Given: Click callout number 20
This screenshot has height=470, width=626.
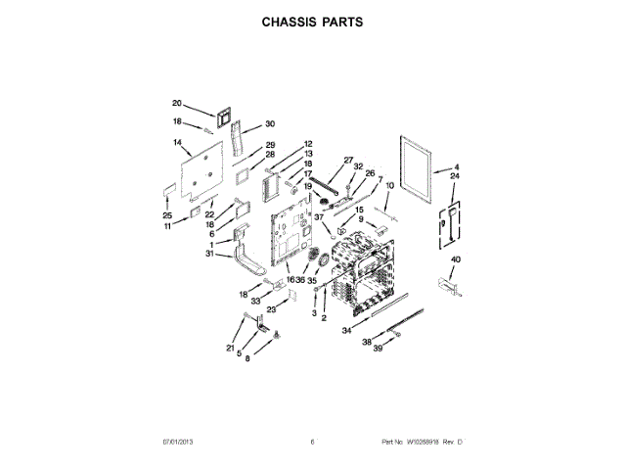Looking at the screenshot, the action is click(177, 103).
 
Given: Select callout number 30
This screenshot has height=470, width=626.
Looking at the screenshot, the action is click(270, 124).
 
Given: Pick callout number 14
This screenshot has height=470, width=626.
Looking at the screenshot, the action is click(178, 142).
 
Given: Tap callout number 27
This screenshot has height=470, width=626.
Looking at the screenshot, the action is click(347, 160).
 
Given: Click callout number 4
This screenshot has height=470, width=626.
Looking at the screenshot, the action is click(456, 168).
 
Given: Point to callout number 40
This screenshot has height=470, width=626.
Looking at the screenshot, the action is click(456, 258).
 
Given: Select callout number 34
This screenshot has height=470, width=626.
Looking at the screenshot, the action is click(346, 331).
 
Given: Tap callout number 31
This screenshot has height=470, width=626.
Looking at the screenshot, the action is click(210, 254).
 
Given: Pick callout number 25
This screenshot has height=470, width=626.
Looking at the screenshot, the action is click(167, 215).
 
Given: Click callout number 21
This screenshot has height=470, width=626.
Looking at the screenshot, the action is click(231, 348).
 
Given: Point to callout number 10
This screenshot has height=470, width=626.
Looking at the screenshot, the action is click(388, 186).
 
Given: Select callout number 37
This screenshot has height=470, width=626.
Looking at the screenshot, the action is click(318, 216).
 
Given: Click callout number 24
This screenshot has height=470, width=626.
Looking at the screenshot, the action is click(455, 177).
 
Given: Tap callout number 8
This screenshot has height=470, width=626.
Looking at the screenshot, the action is click(247, 359).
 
